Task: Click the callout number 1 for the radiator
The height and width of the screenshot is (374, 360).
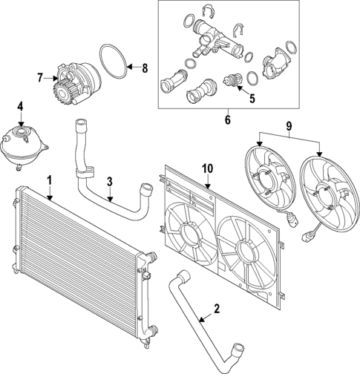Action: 49,180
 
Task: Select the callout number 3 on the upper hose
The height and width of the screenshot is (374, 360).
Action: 109,180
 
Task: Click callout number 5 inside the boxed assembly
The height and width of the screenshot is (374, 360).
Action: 252,96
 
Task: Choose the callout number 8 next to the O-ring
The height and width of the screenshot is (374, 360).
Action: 145,68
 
